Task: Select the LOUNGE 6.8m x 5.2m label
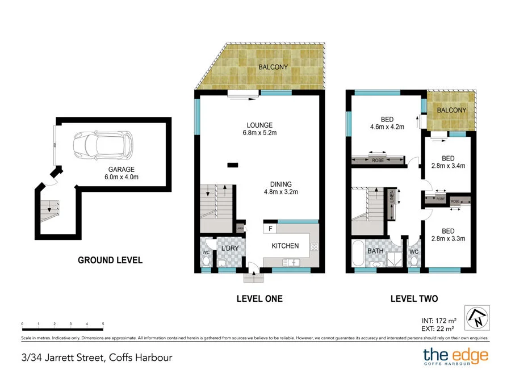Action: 259,129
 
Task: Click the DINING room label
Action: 280,188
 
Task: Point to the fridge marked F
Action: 270,229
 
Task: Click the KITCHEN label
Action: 284,246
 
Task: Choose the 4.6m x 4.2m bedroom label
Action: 387,123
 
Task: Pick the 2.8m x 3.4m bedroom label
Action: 447,162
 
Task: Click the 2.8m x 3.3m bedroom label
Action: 447,235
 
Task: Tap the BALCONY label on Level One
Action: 273,67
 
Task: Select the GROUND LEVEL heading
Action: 110,260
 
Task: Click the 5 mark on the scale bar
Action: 103,324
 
